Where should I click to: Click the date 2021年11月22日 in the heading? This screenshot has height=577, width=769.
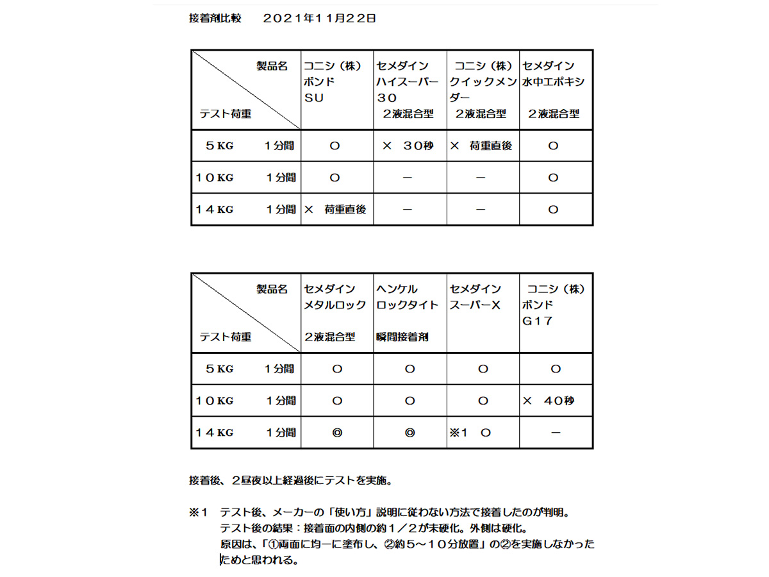[319, 19]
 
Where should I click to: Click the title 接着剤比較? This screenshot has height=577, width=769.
[215, 19]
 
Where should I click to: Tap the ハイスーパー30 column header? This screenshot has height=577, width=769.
[409, 90]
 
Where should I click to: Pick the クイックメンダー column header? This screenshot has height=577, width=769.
[483, 90]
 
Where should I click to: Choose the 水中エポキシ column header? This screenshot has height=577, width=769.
[555, 90]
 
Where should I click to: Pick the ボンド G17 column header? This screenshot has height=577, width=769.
[555, 305]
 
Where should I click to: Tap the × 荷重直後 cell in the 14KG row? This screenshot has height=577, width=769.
[336, 210]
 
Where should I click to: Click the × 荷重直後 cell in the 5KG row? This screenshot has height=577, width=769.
[481, 146]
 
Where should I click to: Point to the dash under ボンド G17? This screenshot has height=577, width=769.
[556, 433]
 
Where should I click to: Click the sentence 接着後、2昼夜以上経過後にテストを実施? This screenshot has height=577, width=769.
[295, 480]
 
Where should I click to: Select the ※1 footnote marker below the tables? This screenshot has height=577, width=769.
[199, 513]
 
